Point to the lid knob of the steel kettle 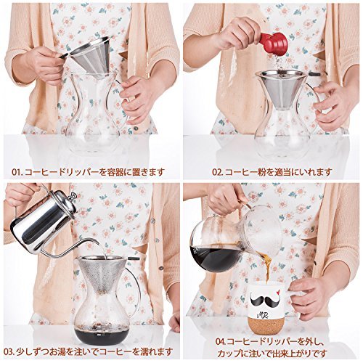pos(73,196)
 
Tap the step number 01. pos(17,172)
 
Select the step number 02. pos(218,172)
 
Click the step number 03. pos(9,351)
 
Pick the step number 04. pos(221,342)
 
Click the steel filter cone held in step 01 pos(89,55)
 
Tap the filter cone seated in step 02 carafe pos(281,89)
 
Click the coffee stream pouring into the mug pos(266,266)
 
